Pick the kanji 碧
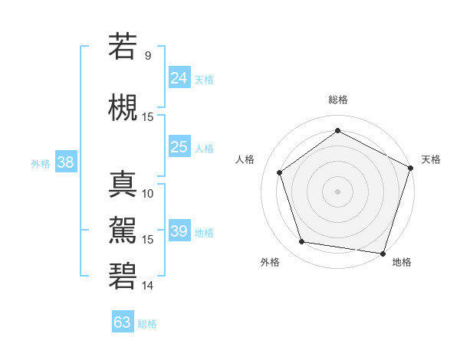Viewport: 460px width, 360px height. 122,276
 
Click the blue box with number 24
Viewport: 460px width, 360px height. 179,77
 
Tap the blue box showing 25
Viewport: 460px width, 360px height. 179,147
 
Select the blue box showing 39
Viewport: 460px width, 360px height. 179,231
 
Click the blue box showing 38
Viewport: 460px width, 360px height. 65,162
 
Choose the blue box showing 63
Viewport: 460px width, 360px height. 122,322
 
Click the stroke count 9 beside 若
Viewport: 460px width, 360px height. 147,55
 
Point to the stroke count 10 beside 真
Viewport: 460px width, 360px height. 148,193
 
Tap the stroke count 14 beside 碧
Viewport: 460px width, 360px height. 148,286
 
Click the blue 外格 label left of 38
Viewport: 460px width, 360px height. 41,163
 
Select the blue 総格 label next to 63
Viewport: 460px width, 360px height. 147,324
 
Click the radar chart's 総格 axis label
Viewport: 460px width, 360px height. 337,100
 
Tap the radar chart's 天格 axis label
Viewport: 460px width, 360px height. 431,159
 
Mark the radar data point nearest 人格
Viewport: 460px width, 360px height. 280,172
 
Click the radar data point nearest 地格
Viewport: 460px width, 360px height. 383,253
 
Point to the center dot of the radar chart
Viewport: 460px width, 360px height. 337,191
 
